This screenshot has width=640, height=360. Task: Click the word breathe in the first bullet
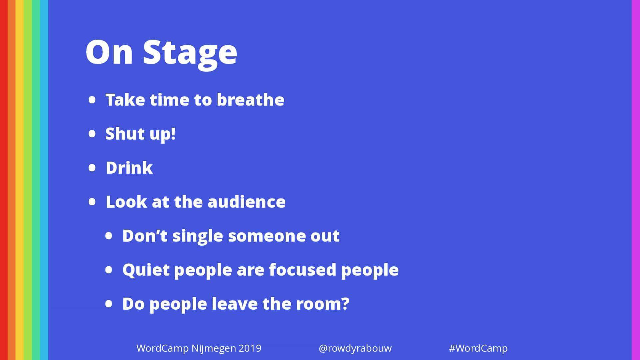(x=250, y=99)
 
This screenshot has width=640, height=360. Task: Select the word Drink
(x=129, y=167)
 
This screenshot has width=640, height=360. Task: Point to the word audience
(x=246, y=201)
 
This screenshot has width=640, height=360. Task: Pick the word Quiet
(x=146, y=270)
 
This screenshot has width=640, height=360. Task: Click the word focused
(x=303, y=269)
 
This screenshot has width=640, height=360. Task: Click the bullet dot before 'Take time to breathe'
(x=92, y=100)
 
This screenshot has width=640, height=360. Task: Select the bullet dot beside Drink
(x=92, y=168)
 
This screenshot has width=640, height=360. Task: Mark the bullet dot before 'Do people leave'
(x=109, y=304)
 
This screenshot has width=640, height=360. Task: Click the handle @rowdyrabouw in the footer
(x=355, y=348)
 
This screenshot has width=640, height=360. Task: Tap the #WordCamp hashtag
(x=478, y=348)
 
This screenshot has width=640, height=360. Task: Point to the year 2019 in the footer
(x=250, y=348)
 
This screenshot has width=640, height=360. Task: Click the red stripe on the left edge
(x=4, y=180)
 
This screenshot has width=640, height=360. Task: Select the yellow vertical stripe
(x=20, y=180)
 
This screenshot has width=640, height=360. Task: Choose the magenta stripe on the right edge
(x=636, y=180)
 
